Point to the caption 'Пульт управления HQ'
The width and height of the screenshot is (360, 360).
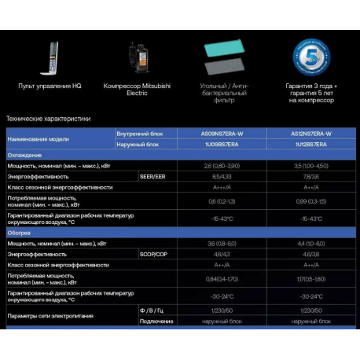44,85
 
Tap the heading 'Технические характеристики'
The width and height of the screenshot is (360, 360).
48,119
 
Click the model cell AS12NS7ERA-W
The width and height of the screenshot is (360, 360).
310,134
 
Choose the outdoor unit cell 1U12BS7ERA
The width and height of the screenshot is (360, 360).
310,145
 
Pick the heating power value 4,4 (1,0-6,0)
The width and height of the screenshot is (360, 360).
310,244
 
